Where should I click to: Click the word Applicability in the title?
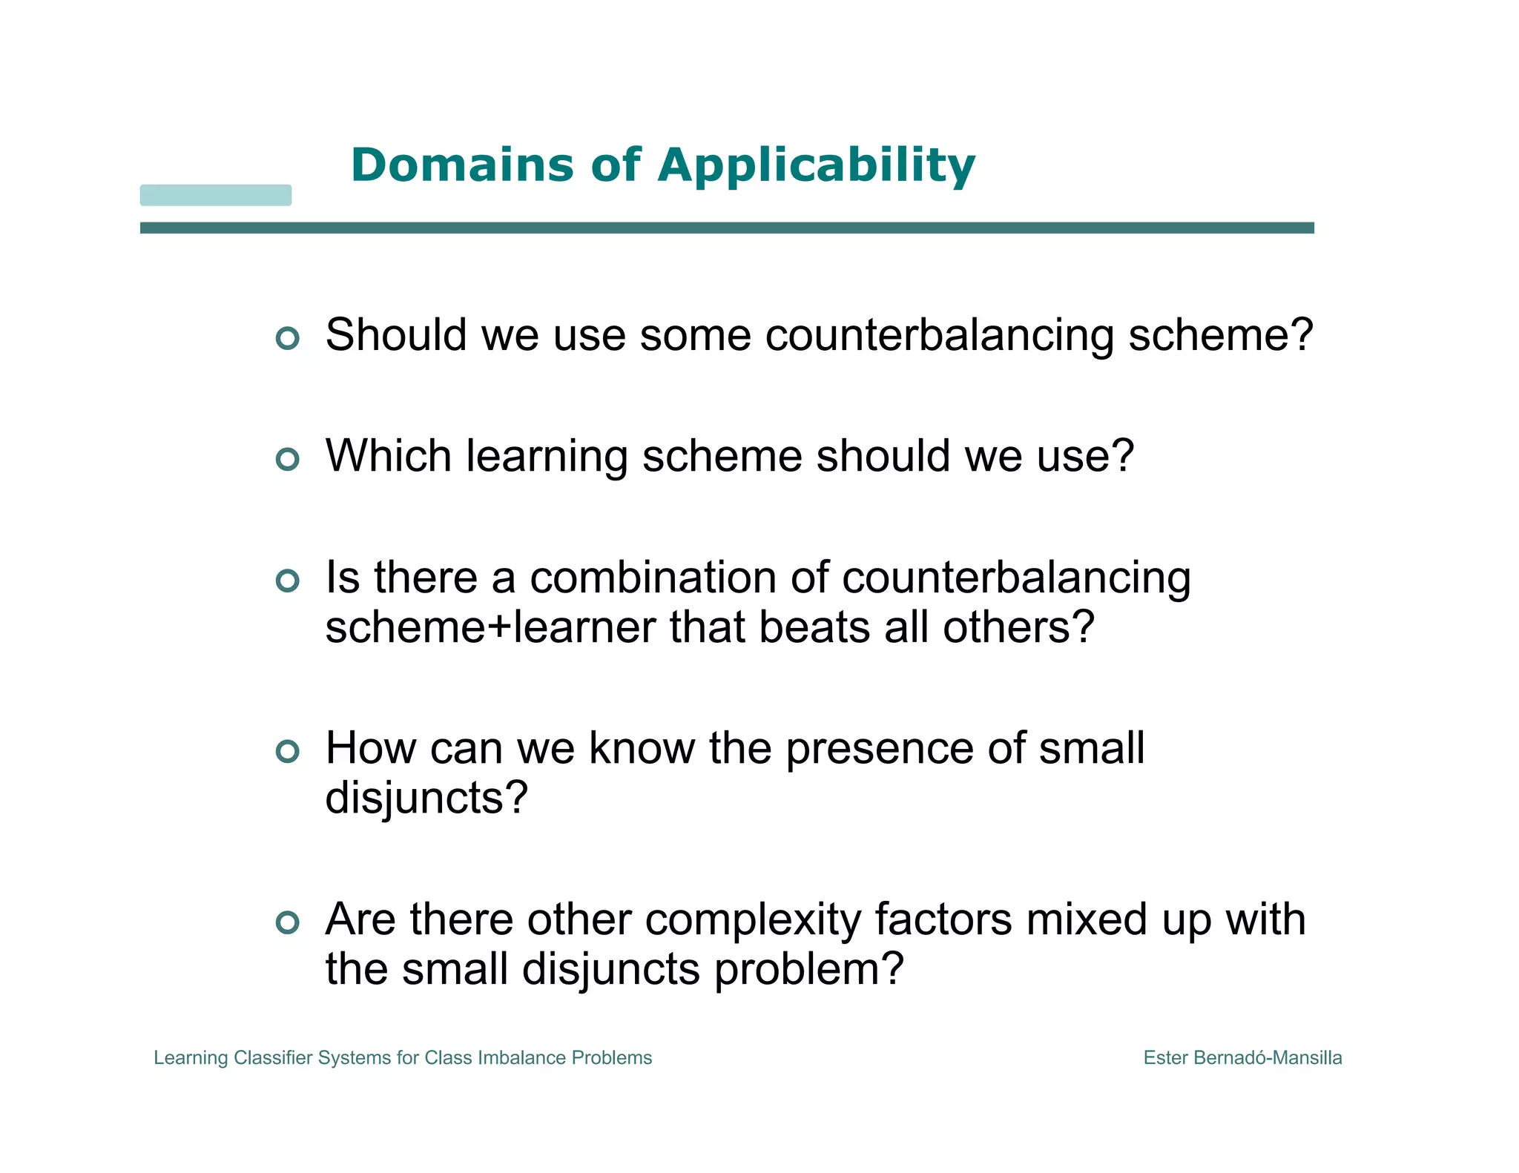[816, 166]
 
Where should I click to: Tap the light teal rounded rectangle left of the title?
[216, 195]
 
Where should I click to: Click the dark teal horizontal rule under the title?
[727, 228]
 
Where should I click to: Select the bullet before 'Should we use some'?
[287, 338]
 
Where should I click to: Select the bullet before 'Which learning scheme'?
[287, 459]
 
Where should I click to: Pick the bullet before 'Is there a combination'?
[287, 581]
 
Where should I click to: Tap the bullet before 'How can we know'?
[287, 751]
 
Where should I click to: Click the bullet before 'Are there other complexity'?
[287, 922]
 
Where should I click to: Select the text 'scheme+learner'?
[490, 627]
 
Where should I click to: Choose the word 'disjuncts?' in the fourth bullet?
[426, 799]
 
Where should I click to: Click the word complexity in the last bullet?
[753, 920]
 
